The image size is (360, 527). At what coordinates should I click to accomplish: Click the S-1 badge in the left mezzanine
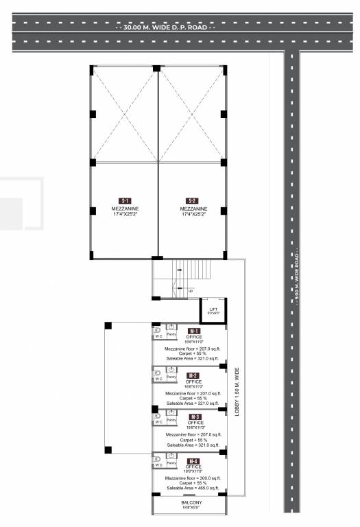tap(125, 201)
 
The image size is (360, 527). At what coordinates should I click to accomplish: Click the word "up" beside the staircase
tap(190, 291)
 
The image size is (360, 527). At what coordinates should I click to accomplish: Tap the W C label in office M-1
tap(158, 337)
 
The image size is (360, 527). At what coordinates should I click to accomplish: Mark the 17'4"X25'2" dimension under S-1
tap(125, 215)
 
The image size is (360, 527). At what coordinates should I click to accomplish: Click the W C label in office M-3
tap(158, 421)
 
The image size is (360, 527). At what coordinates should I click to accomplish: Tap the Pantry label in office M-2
tap(172, 377)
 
